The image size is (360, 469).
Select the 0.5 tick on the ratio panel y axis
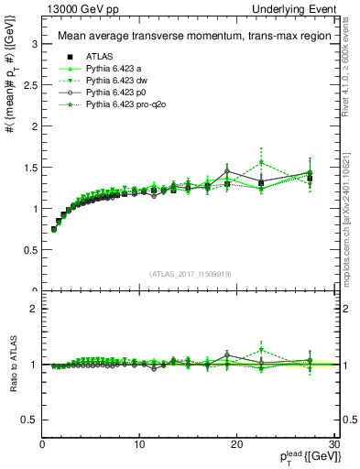(29, 420)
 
